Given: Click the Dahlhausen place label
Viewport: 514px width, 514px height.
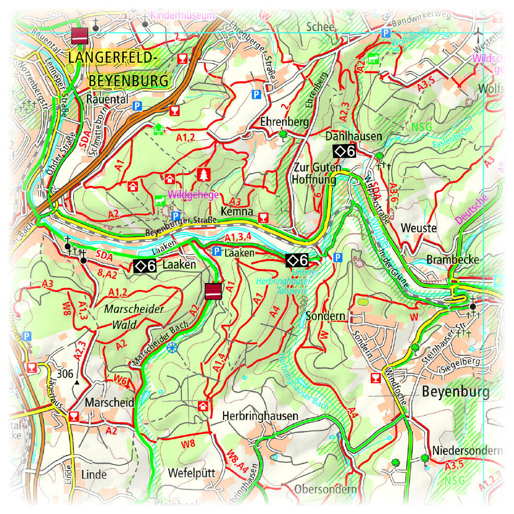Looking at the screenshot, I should [354, 136].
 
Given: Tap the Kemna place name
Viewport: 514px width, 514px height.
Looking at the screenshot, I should [237, 213].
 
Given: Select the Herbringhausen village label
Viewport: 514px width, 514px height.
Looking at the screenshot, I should [260, 416].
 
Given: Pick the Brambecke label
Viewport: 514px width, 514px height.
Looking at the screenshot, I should [446, 260].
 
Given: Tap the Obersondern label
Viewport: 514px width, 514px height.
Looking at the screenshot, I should [325, 489].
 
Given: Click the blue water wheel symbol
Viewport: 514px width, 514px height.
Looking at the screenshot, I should [172, 347].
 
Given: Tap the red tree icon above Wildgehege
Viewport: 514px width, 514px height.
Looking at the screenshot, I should [203, 175].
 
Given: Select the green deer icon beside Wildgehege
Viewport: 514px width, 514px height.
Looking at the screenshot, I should [158, 200].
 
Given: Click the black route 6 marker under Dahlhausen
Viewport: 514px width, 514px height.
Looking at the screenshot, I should [345, 151].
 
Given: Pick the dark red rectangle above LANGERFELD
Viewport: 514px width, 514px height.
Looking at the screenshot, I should [79, 36].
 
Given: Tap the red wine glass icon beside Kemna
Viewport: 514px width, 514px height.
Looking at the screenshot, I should [263, 217].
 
